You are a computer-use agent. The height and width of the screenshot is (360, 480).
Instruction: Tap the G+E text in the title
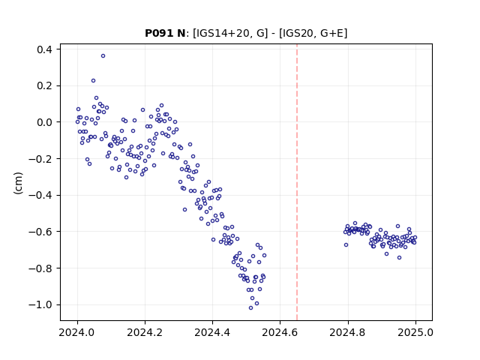click(x=331, y=33)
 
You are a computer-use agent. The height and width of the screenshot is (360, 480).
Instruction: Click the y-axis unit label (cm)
click(x=18, y=183)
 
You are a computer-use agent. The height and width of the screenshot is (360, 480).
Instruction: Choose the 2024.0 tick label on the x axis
click(x=77, y=332)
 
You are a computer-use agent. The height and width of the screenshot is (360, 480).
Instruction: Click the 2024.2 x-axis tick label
click(x=145, y=332)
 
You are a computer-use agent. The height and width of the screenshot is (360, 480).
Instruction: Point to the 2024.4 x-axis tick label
click(x=212, y=332)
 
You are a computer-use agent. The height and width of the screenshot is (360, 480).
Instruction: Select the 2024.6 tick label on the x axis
click(x=280, y=332)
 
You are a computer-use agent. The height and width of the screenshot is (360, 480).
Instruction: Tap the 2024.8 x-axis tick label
click(x=348, y=332)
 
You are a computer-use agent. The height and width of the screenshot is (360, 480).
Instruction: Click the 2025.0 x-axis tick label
click(x=415, y=332)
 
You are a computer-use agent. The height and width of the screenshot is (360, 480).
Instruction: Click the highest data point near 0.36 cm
click(x=103, y=56)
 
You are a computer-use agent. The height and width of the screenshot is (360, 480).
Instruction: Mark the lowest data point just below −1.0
click(x=250, y=308)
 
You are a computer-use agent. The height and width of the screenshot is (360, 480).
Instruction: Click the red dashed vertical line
click(x=297, y=182)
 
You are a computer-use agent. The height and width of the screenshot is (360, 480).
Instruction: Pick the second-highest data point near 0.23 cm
click(x=93, y=81)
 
